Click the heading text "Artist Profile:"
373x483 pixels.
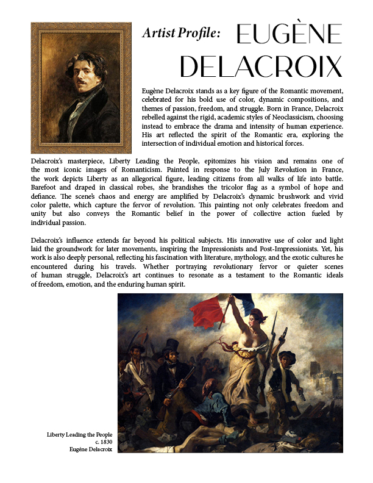[x=181, y=34]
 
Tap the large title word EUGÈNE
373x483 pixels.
[x=288, y=37]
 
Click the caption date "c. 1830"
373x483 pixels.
[x=104, y=442]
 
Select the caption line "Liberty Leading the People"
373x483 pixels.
[x=80, y=435]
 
